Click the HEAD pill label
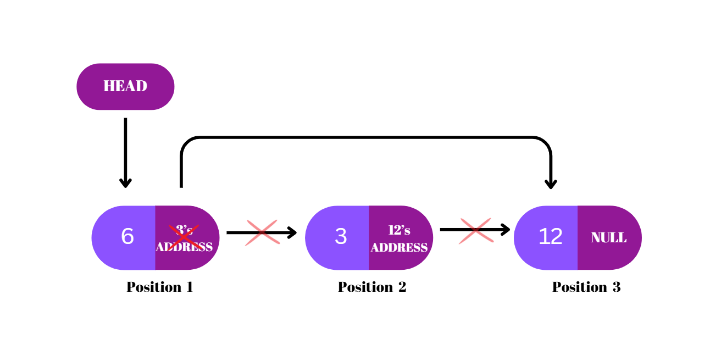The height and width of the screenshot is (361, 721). point(125,86)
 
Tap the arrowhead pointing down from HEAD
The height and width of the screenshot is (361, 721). point(125,182)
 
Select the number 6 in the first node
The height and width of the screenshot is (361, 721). point(127,237)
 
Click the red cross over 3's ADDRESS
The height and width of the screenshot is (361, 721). point(184,236)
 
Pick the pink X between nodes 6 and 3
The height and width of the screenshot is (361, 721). point(262,232)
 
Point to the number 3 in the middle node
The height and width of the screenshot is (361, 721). point(341,237)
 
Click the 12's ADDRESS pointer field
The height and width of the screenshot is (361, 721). point(400,238)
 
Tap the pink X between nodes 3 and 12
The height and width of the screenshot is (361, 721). point(476,230)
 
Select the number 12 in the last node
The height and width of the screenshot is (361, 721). point(550,237)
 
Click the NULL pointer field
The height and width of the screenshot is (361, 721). point(608,238)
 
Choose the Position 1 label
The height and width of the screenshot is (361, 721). point(159,287)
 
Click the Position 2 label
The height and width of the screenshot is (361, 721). point(372,287)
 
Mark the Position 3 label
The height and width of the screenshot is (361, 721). point(586,287)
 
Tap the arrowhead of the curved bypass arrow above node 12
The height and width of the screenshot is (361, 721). point(551,184)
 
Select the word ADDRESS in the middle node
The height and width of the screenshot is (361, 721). point(400,248)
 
